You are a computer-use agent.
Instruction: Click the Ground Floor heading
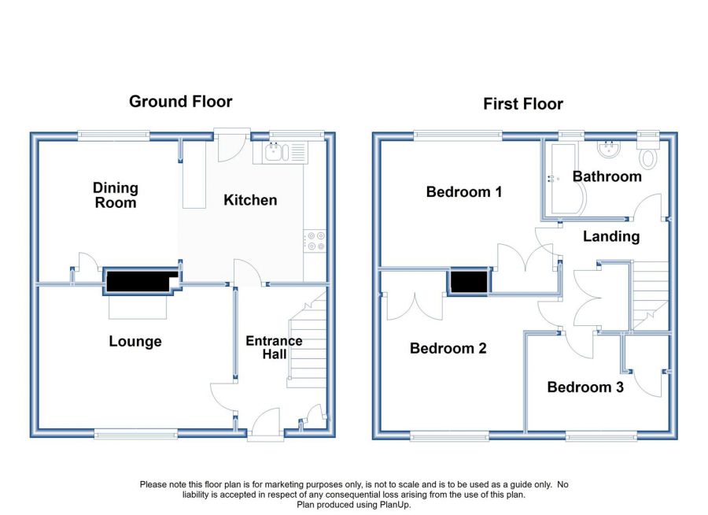pyautogui.click(x=181, y=102)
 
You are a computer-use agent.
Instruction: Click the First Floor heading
pyautogui.click(x=523, y=104)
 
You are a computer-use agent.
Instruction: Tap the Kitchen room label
pyautogui.click(x=250, y=200)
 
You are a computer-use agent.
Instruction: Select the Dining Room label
pyautogui.click(x=116, y=195)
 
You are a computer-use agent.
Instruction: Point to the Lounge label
pyautogui.click(x=135, y=342)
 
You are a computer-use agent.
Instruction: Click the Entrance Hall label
pyautogui.click(x=274, y=347)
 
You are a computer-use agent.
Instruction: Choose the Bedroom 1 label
pyautogui.click(x=463, y=191)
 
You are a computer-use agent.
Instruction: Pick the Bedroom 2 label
pyautogui.click(x=448, y=348)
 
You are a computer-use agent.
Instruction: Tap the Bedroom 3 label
pyautogui.click(x=585, y=387)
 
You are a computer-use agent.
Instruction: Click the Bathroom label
pyautogui.click(x=607, y=176)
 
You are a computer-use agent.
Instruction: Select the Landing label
pyautogui.click(x=611, y=236)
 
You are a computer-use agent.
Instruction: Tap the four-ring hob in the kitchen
pyautogui.click(x=315, y=240)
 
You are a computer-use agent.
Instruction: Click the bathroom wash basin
pyautogui.click(x=609, y=148)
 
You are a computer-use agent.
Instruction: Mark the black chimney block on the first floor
pyautogui.click(x=470, y=282)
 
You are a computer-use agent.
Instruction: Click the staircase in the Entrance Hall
pyautogui.click(x=307, y=339)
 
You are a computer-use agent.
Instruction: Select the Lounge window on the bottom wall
pyautogui.click(x=136, y=435)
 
